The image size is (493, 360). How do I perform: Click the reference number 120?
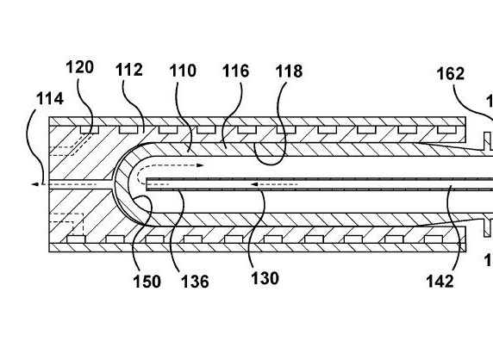[x=80, y=67]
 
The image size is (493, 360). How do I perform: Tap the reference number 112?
[x=129, y=70]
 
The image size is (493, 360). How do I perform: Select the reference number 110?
[x=183, y=71]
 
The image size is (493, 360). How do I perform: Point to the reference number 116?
[x=236, y=71]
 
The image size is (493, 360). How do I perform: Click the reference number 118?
[x=289, y=71]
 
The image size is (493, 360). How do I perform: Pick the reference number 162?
[x=451, y=74]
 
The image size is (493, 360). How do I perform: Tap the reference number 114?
[x=50, y=98]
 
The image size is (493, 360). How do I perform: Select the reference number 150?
[x=147, y=281]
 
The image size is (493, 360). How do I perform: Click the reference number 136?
[x=195, y=281]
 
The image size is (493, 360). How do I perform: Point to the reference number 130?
[x=265, y=278]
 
